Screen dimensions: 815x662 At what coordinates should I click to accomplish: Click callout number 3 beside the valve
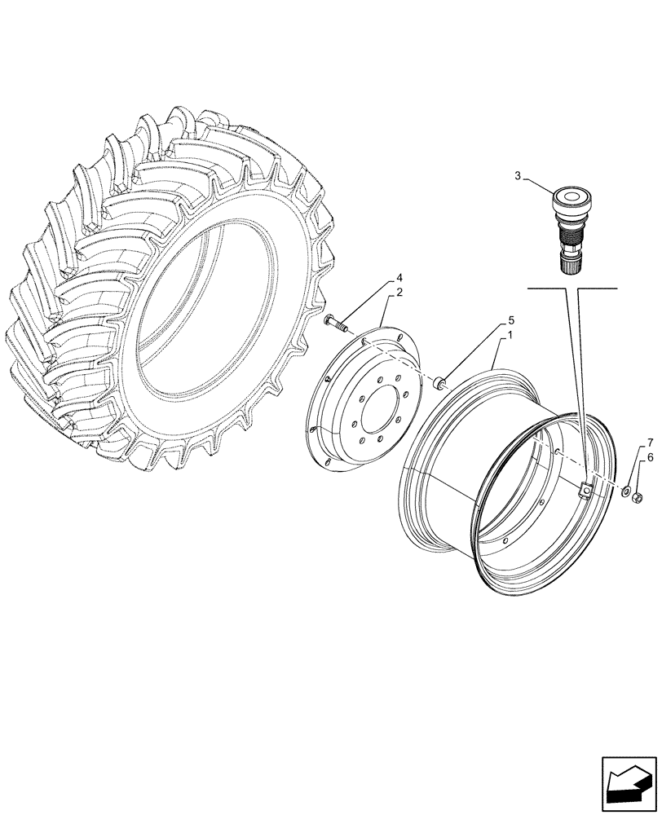(517, 175)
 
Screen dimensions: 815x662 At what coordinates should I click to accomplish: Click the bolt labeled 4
(336, 323)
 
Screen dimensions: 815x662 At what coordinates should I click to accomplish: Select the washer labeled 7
(625, 491)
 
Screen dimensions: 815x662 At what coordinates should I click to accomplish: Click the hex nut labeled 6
(639, 496)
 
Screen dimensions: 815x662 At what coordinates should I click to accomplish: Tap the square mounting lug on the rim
(585, 490)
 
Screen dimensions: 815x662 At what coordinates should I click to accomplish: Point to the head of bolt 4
(329, 320)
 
